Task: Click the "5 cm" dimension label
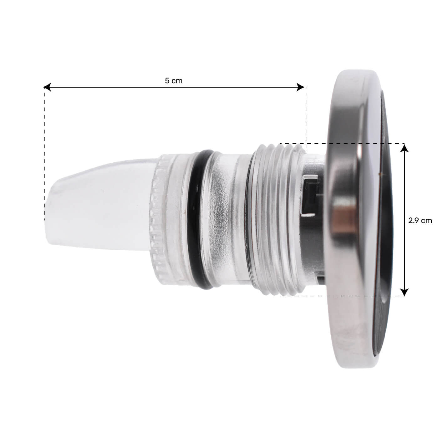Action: point(174,81)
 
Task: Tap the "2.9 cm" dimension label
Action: point(420,221)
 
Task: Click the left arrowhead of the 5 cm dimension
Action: point(47,87)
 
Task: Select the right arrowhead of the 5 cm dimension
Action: point(300,87)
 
